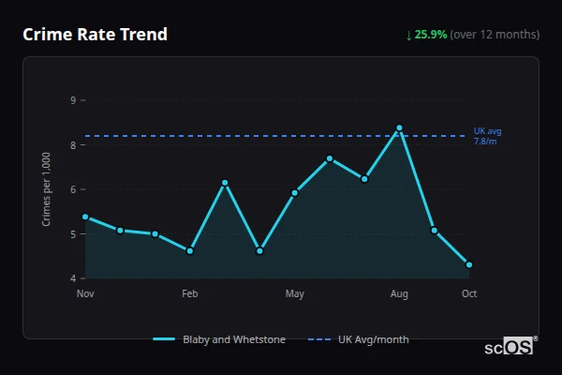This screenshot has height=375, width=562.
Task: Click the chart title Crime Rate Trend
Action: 95,35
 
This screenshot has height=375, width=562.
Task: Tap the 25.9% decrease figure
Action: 431,35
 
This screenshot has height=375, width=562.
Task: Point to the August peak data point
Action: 399,127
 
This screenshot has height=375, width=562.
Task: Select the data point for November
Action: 85,217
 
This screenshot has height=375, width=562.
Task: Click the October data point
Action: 469,264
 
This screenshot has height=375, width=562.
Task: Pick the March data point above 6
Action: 225,182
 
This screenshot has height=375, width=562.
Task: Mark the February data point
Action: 190,251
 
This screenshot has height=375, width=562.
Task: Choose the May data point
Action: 295,193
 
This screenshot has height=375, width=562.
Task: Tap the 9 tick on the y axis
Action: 73,99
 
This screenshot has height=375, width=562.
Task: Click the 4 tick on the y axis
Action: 73,278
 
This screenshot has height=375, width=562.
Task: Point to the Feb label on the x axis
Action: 190,294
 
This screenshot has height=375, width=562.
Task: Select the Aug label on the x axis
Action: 399,294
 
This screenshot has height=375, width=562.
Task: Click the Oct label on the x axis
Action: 469,294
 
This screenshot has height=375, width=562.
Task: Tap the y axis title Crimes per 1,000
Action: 46,189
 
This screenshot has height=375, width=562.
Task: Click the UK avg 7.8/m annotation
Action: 487,136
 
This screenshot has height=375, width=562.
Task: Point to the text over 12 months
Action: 495,35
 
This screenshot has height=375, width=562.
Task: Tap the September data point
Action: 435,230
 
